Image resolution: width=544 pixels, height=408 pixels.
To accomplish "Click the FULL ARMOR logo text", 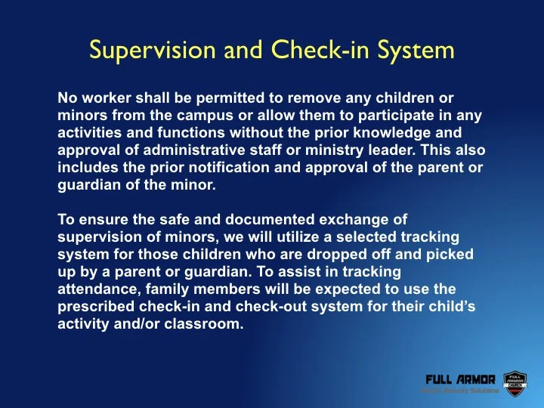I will (460, 379).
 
